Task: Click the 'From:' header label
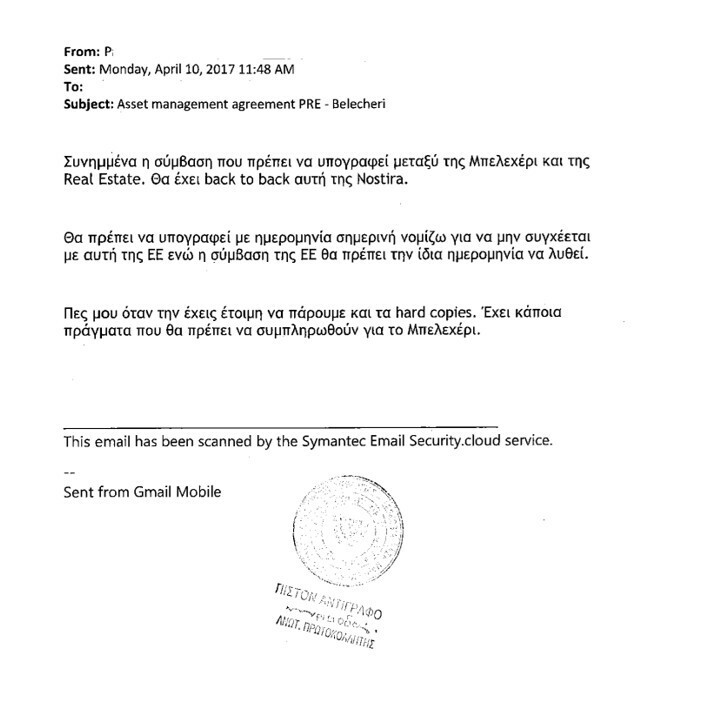coord(81,51)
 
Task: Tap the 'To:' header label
coord(74,85)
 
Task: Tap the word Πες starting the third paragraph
coord(76,312)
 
